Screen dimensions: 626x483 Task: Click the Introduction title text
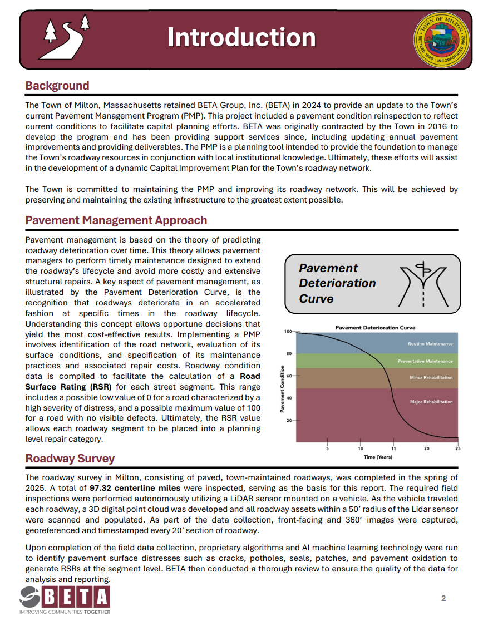click(241, 37)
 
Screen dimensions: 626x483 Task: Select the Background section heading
click(57, 86)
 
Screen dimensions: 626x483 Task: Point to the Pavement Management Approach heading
click(116, 220)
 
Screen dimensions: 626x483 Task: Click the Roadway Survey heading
click(70, 459)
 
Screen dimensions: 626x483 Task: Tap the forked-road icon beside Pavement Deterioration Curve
click(425, 283)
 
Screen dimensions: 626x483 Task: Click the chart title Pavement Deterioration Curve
click(375, 328)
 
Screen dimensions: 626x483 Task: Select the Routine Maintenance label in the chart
click(430, 344)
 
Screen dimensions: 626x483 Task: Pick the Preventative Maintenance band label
click(425, 361)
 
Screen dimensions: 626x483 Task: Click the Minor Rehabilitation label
click(431, 377)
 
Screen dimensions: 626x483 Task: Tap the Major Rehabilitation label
click(431, 401)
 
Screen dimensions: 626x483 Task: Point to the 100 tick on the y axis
click(288, 332)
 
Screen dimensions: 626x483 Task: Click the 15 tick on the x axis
click(393, 448)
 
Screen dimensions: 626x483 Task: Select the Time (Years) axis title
click(378, 457)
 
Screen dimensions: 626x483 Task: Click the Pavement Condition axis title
click(282, 388)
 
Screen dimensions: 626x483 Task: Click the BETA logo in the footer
click(65, 599)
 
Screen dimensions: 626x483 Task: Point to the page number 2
click(443, 599)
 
